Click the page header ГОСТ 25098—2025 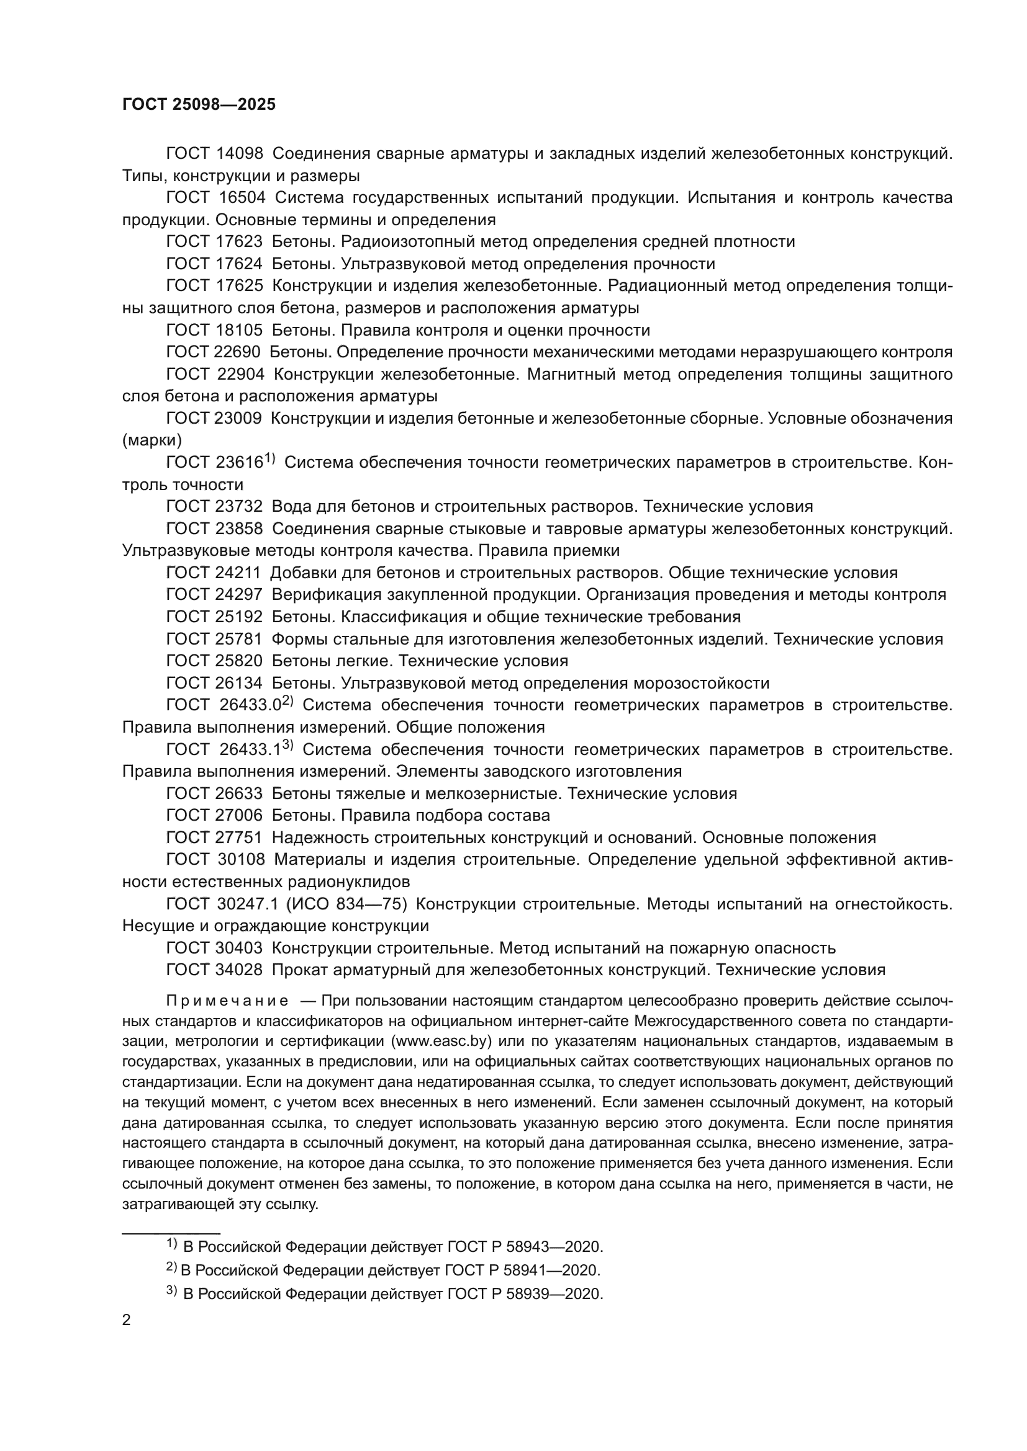[x=199, y=104]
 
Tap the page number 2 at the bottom [x=127, y=1320]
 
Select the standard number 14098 [x=240, y=154]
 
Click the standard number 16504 [x=242, y=198]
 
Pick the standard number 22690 [x=238, y=352]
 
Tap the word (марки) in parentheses [x=152, y=440]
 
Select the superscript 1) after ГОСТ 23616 [x=270, y=460]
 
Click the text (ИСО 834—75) [x=346, y=904]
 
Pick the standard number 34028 [x=240, y=970]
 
